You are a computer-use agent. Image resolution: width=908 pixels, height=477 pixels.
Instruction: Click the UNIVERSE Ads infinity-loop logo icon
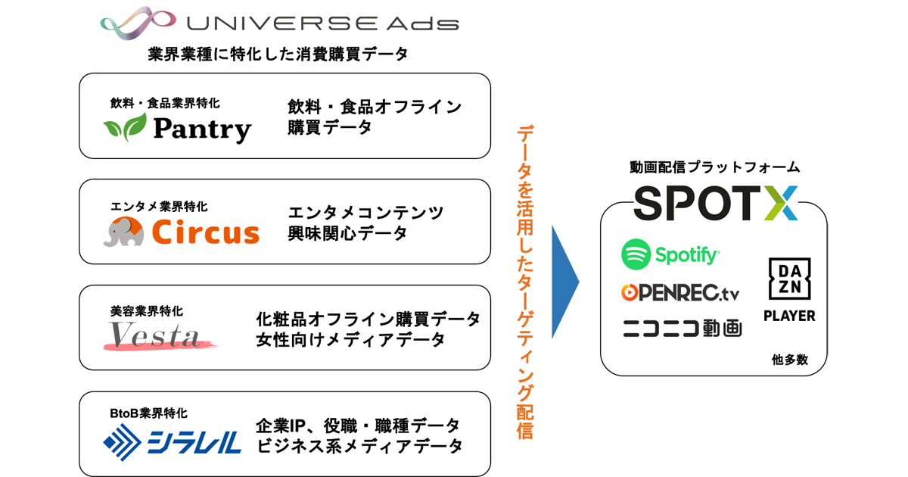(x=137, y=23)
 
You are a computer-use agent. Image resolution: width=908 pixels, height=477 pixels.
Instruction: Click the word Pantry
(x=203, y=129)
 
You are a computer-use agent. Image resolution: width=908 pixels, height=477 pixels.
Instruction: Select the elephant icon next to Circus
(x=123, y=231)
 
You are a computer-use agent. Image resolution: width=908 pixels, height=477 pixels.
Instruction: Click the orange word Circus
(x=206, y=232)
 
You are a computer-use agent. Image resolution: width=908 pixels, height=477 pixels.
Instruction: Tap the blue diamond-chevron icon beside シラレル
(x=122, y=442)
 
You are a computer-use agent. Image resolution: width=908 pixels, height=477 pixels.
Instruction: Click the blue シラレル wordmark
(x=194, y=442)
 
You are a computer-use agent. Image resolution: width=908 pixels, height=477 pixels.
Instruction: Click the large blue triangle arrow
(x=565, y=282)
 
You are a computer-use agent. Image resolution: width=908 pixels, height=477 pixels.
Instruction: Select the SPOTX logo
(x=716, y=203)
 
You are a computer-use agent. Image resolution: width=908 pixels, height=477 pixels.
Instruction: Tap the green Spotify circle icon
(x=636, y=254)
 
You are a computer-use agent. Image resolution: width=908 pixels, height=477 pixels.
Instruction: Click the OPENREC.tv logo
(x=680, y=293)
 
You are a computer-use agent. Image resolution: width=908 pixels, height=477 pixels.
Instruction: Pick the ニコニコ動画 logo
(x=683, y=328)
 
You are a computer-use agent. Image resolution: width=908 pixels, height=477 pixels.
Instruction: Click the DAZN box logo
(x=790, y=279)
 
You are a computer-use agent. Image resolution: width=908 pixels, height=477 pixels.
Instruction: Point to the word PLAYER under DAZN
(x=789, y=316)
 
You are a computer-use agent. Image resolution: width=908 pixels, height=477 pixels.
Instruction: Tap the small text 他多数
(x=790, y=360)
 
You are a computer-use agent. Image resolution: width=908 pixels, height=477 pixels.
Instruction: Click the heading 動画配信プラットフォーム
(x=714, y=167)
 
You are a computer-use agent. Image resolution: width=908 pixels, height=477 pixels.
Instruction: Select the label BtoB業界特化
(x=148, y=413)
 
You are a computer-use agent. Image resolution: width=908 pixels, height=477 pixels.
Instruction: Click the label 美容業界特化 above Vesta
(x=146, y=311)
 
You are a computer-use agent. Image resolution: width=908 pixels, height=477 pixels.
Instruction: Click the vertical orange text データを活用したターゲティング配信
(x=525, y=282)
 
